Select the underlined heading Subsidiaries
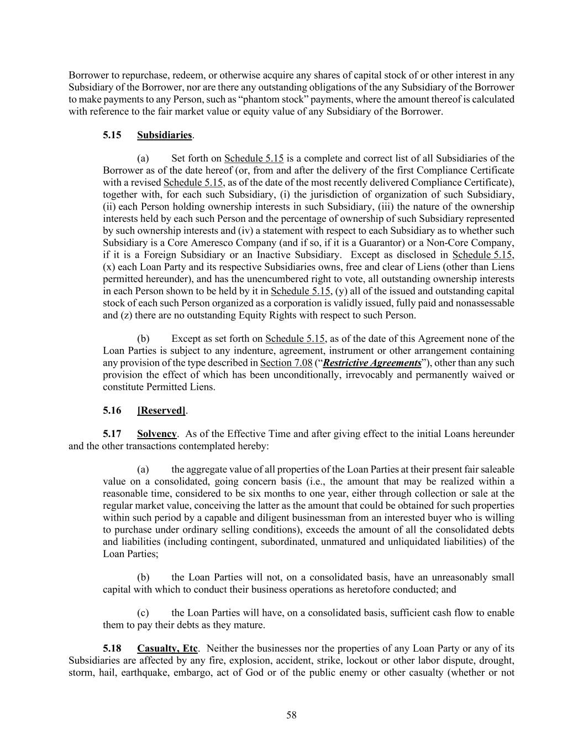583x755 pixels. [165, 135]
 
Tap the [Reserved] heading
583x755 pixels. [161, 410]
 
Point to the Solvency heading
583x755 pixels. [157, 434]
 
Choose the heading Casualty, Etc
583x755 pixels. [167, 648]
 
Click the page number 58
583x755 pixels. [291, 715]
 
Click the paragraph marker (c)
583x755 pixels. [143, 613]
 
